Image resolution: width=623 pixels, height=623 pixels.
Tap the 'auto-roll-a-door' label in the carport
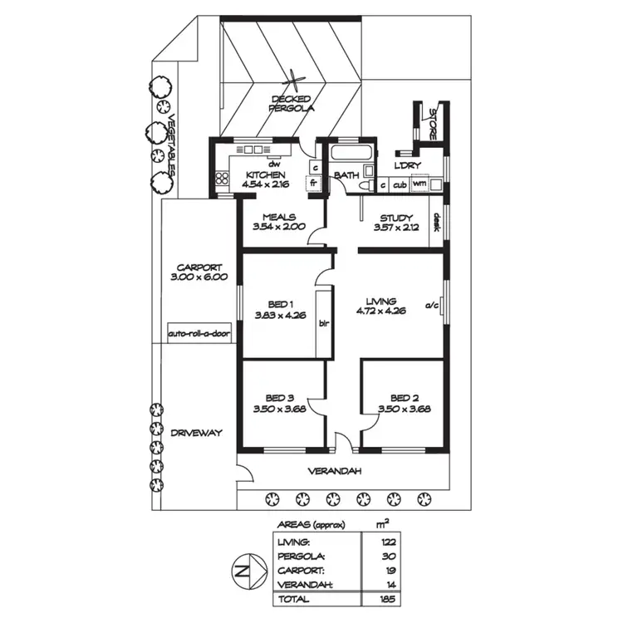point(199,333)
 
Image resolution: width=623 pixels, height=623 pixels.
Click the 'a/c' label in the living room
point(431,305)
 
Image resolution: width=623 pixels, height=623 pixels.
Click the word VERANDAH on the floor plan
point(336,471)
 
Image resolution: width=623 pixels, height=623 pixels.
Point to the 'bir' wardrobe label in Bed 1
point(325,324)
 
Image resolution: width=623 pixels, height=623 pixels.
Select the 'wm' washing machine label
point(419,184)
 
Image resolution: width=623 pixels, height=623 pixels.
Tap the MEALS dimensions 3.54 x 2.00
point(278,226)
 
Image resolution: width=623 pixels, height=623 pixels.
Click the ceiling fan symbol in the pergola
point(294,83)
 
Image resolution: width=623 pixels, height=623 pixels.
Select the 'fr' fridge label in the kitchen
point(314,184)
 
